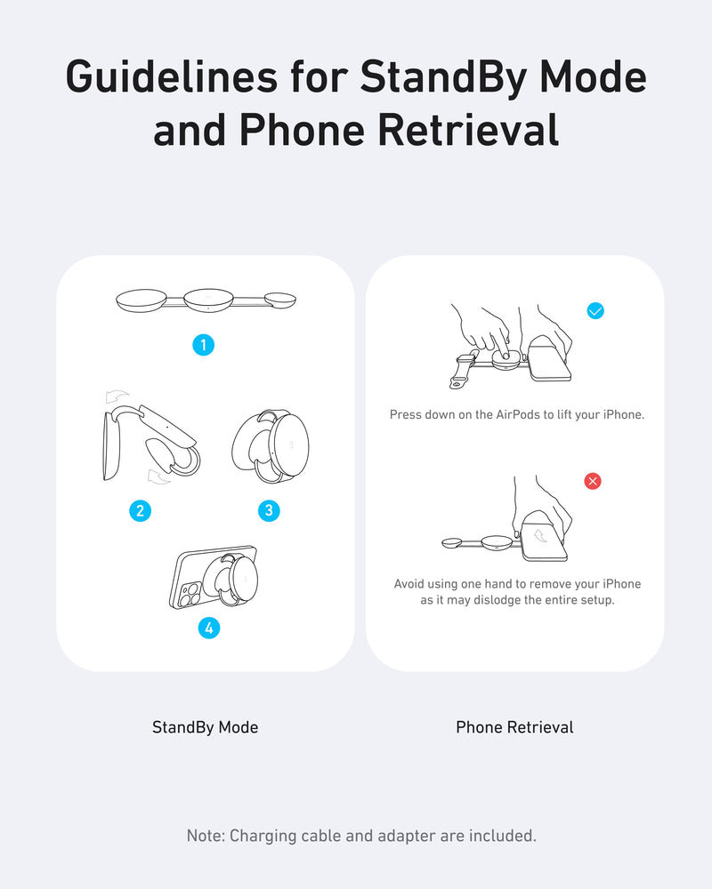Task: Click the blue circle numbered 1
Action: pyautogui.click(x=203, y=345)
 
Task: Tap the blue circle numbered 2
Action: pyautogui.click(x=141, y=511)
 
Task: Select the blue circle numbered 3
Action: pyautogui.click(x=269, y=511)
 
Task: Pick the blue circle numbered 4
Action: pyautogui.click(x=209, y=628)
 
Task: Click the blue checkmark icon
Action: pyautogui.click(x=595, y=310)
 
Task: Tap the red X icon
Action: pyautogui.click(x=593, y=481)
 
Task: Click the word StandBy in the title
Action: pyautogui.click(x=443, y=77)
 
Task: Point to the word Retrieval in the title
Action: pyautogui.click(x=468, y=131)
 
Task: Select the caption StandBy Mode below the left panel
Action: pyautogui.click(x=205, y=727)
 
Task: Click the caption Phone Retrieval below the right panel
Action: pyautogui.click(x=514, y=727)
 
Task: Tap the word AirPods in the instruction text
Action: pyautogui.click(x=518, y=414)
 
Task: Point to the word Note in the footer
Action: pyautogui.click(x=206, y=836)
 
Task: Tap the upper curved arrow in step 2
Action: pyautogui.click(x=117, y=396)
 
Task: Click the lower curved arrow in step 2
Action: pyautogui.click(x=158, y=477)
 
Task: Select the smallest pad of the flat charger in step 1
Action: pyautogui.click(x=280, y=300)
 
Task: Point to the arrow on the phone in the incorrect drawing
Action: pyautogui.click(x=541, y=534)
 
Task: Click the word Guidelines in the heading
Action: pyautogui.click(x=172, y=77)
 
